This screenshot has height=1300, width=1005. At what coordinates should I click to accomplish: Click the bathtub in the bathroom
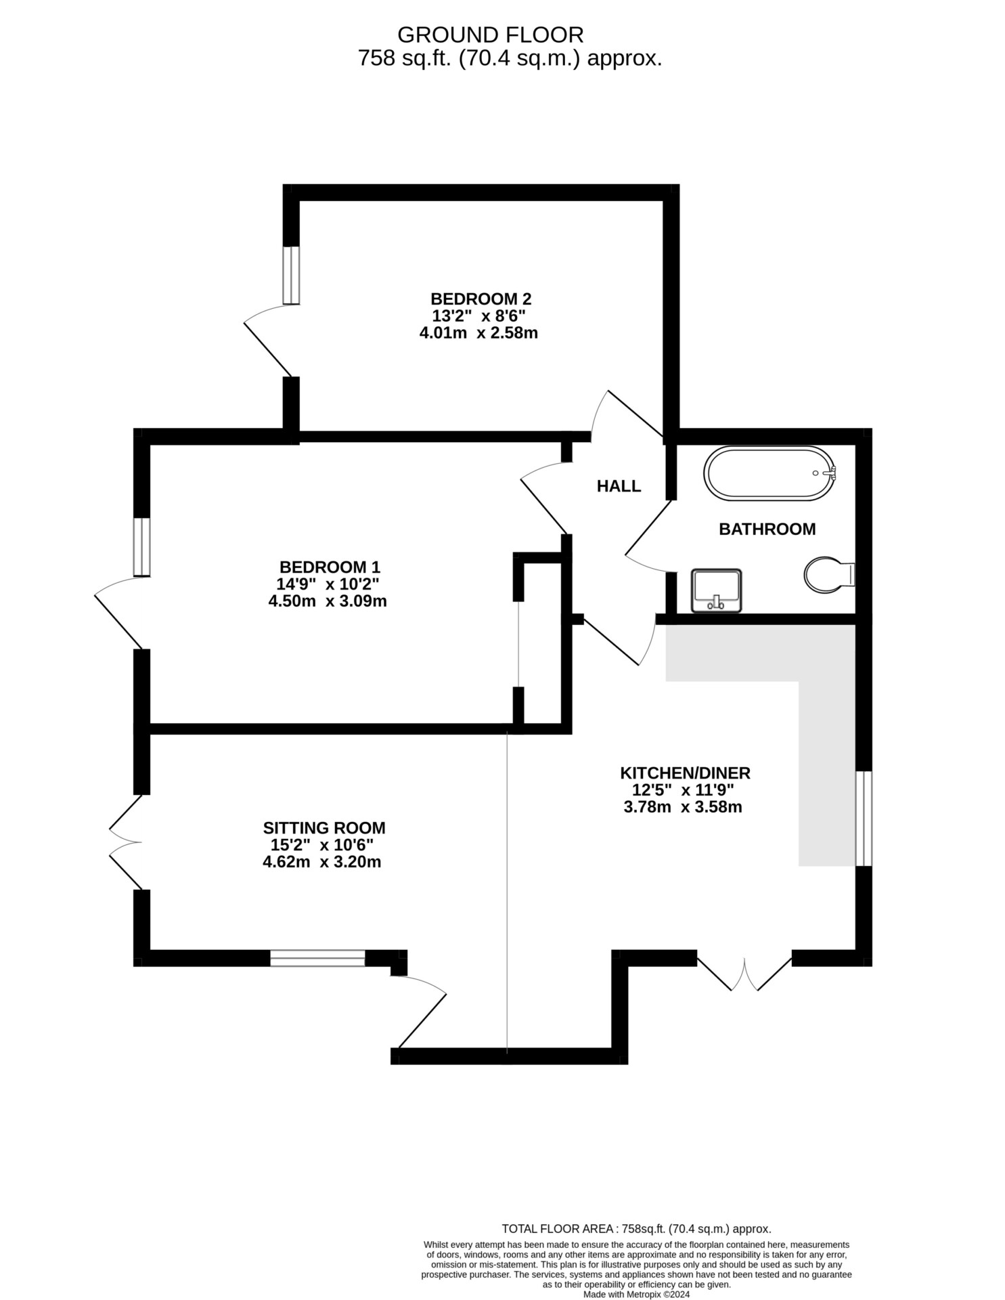pos(769,474)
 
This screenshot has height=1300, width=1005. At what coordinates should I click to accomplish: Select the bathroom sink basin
pos(716,590)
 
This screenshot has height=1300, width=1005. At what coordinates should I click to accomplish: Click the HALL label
pos(619,485)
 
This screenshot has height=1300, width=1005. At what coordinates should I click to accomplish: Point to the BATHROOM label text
pos(767,529)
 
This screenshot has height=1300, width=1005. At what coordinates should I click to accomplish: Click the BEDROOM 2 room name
pos(481,299)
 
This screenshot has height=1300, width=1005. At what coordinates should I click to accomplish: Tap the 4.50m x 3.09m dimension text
pos(328,601)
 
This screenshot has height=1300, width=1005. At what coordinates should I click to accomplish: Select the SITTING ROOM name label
pos(324,827)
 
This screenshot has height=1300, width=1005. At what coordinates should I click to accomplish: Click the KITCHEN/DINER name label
pos(686,773)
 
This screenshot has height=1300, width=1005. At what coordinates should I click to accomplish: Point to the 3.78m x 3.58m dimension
pos(683,806)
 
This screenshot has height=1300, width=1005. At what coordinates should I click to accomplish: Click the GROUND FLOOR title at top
pos(490,34)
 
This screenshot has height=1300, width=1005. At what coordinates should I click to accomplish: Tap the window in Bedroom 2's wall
pos(291,275)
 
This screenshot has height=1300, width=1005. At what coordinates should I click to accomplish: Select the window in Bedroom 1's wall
pos(141,547)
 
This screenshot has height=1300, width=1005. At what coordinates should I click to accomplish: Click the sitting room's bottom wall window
pos(317,958)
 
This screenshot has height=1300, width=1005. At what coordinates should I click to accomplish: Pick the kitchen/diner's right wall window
pos(864,819)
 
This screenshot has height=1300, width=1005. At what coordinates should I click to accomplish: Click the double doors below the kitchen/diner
pos(744,973)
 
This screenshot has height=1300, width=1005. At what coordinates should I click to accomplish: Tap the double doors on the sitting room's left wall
pos(126,842)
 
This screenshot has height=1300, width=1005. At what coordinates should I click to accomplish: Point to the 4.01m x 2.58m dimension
pos(478,332)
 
